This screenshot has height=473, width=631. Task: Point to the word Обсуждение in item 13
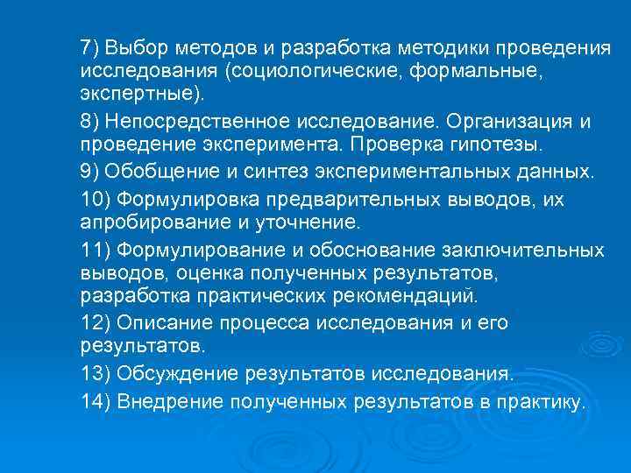175,374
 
